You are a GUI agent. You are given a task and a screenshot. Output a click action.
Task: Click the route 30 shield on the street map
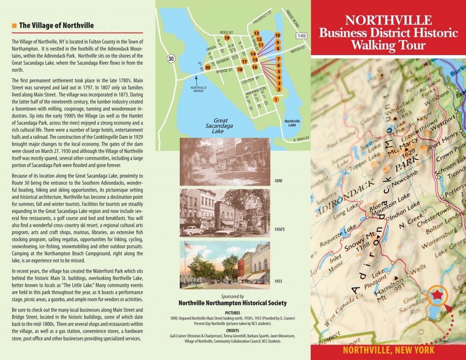point(170,58)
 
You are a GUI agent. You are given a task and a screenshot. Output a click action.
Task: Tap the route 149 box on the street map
point(301,35)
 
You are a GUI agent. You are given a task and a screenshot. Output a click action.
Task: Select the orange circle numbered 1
point(276,99)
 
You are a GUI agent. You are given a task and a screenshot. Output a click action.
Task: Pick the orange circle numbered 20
point(208,67)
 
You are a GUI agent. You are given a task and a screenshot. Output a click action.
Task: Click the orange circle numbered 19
point(226,38)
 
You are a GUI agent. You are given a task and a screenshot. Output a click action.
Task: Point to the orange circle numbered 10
point(278,35)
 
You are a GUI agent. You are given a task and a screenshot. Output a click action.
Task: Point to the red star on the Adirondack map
point(437,295)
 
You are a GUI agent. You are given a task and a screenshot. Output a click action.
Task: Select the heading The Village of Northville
point(56,25)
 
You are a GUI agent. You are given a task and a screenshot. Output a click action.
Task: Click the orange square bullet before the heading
point(14,25)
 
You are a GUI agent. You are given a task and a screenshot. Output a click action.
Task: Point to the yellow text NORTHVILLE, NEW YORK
point(388,350)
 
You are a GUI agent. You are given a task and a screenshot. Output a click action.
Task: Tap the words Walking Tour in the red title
point(388,46)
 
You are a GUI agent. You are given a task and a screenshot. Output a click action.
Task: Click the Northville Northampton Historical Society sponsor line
point(233,303)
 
